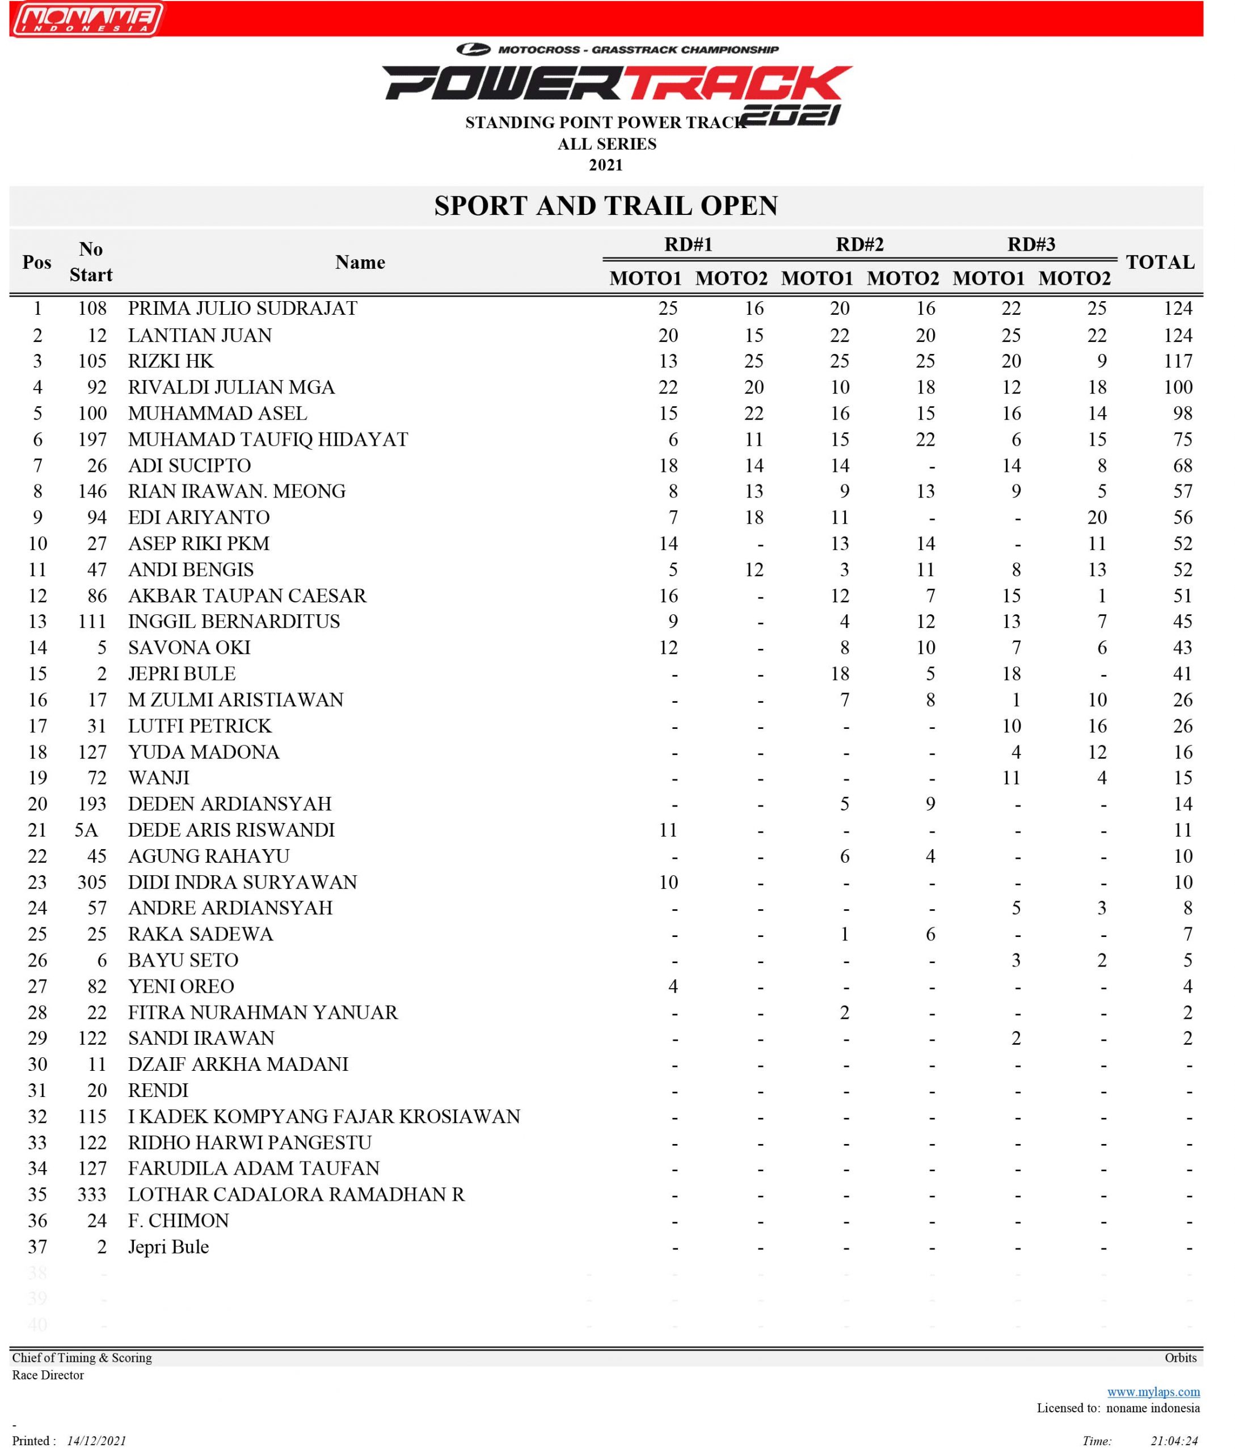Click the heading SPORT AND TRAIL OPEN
point(606,206)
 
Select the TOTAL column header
point(1160,263)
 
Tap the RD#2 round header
point(860,244)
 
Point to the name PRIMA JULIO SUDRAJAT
point(242,309)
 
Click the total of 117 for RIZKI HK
point(1178,361)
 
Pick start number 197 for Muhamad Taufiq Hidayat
point(92,440)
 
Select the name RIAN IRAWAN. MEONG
point(237,491)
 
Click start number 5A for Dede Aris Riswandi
point(87,830)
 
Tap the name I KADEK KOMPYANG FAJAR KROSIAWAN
point(323,1117)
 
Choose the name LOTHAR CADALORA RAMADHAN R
point(296,1194)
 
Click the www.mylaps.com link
point(1153,1392)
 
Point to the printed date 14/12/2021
point(96,1441)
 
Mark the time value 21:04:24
point(1174,1441)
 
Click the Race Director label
point(48,1375)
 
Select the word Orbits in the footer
point(1181,1357)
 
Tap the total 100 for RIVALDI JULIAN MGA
point(1178,387)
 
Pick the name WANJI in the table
point(158,778)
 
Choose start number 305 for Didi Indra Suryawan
point(92,882)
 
